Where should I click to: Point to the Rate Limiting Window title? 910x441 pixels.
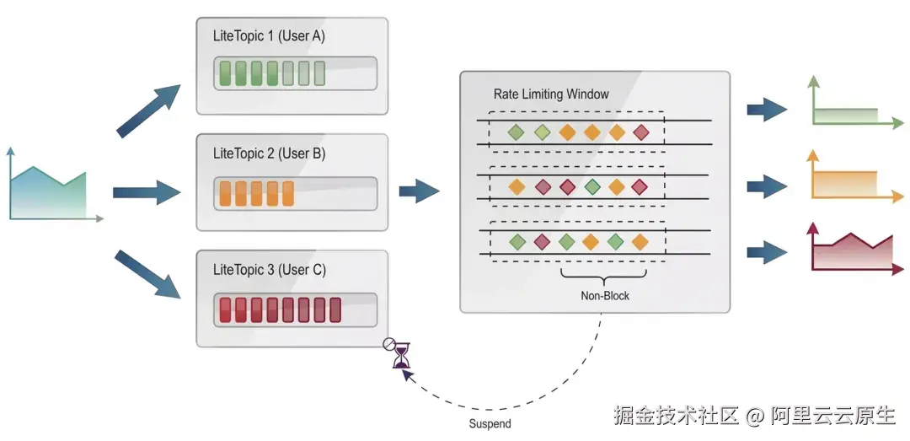[550, 94]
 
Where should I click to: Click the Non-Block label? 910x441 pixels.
[605, 296]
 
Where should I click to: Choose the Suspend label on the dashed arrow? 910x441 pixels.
[490, 423]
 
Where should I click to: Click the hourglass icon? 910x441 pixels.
[401, 356]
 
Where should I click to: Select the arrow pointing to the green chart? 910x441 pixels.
[766, 109]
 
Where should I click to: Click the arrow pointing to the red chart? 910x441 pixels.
[766, 251]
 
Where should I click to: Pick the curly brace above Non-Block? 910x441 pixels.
[604, 275]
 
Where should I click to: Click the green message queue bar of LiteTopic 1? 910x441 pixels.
[295, 73]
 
